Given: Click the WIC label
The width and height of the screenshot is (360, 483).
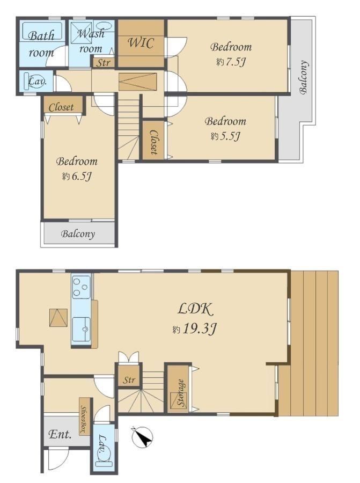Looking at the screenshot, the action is (x=141, y=42).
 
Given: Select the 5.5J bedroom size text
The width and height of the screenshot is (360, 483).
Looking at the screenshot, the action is (x=225, y=136).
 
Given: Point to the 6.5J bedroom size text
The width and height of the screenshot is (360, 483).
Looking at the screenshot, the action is (x=77, y=177).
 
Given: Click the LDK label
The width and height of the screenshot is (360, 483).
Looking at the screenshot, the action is (x=195, y=309).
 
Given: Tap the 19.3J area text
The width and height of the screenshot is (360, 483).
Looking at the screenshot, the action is (x=195, y=330).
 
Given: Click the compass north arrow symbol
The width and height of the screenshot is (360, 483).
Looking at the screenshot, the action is (x=142, y=437).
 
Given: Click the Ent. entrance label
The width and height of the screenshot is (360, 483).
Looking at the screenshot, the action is (x=60, y=434).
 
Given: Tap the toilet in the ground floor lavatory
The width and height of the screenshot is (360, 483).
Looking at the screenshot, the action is (x=104, y=459).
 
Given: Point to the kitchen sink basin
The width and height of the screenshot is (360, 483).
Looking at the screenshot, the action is (x=82, y=330).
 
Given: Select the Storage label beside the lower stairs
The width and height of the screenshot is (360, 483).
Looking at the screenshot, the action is (x=181, y=393).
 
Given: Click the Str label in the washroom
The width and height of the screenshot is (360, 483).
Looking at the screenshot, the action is (x=104, y=63).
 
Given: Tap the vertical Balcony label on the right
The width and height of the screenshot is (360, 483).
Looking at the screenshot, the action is (x=303, y=77).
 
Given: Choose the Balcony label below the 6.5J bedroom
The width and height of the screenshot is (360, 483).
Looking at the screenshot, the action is (x=78, y=234).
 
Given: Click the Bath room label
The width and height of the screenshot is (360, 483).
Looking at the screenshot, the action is (x=41, y=44).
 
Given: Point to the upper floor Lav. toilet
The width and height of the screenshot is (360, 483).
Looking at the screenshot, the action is (x=34, y=82).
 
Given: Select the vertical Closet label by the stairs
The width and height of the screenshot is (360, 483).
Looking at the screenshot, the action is (x=153, y=142).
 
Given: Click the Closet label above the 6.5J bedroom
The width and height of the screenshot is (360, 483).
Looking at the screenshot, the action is (x=61, y=107).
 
